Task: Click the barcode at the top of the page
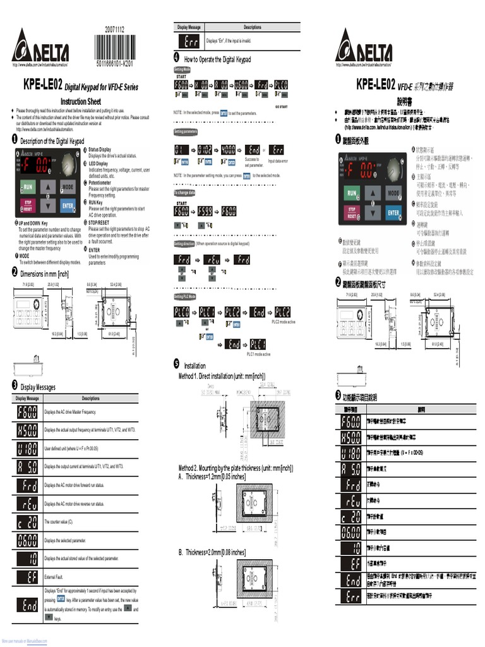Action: click(x=114, y=47)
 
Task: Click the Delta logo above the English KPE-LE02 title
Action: click(x=40, y=47)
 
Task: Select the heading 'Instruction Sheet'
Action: click(x=80, y=101)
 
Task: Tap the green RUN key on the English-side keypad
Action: click(x=27, y=187)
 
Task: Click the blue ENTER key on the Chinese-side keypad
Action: click(x=393, y=213)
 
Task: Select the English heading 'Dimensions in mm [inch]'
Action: click(x=44, y=274)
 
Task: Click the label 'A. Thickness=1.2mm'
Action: click(x=213, y=476)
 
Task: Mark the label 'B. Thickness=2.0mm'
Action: click(x=213, y=552)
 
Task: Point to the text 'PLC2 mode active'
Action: click(x=284, y=322)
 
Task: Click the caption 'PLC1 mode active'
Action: click(x=258, y=354)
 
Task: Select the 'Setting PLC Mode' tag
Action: click(x=185, y=296)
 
